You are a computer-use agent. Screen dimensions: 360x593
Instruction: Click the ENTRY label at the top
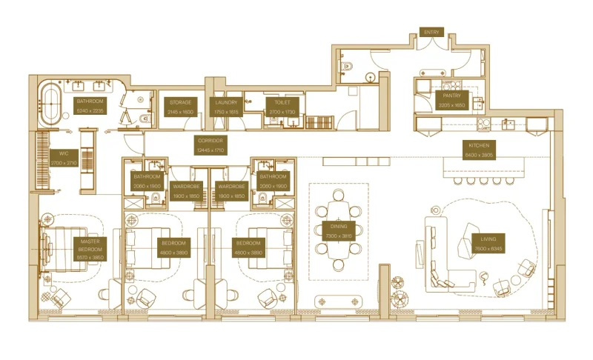pos(431,33)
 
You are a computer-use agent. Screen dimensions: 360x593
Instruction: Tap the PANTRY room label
pos(451,100)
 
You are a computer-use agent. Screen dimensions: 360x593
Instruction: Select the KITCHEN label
pos(477,150)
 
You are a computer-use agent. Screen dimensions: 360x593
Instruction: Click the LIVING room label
pos(489,244)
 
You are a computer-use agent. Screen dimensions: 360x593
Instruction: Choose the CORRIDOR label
pos(210,144)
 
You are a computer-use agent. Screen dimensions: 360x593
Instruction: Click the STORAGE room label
pos(180,107)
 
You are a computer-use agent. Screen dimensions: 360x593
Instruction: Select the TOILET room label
pos(272,107)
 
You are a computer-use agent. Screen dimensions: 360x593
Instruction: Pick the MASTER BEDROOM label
pos(90,249)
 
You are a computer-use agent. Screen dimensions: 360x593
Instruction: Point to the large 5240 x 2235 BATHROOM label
pos(90,104)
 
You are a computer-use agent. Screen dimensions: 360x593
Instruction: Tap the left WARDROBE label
pos(185,191)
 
